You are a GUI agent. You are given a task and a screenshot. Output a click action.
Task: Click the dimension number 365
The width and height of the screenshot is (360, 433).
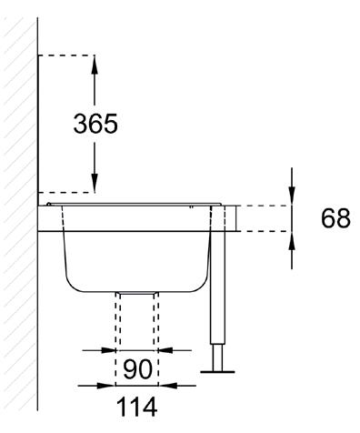[95, 124]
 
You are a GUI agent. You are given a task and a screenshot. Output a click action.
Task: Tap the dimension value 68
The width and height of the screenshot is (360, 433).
[335, 218]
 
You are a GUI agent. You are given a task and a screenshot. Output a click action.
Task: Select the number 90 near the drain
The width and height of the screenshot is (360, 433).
[137, 369]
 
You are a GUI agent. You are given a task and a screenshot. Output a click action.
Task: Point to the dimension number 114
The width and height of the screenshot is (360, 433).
[136, 407]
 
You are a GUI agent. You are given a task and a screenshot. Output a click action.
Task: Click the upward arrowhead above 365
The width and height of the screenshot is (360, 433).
[95, 65]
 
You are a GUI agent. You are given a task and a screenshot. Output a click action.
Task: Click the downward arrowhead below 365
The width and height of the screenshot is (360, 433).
[95, 183]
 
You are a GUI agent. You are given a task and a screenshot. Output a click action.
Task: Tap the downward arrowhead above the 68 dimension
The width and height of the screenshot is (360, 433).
[292, 196]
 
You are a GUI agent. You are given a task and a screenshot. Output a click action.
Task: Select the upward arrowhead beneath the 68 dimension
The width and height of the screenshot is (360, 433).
[292, 241]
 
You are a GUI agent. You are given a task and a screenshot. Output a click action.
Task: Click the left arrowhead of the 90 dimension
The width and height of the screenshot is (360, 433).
[108, 350]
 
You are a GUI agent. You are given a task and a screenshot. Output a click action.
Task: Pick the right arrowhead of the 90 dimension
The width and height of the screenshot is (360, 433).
[165, 350]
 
